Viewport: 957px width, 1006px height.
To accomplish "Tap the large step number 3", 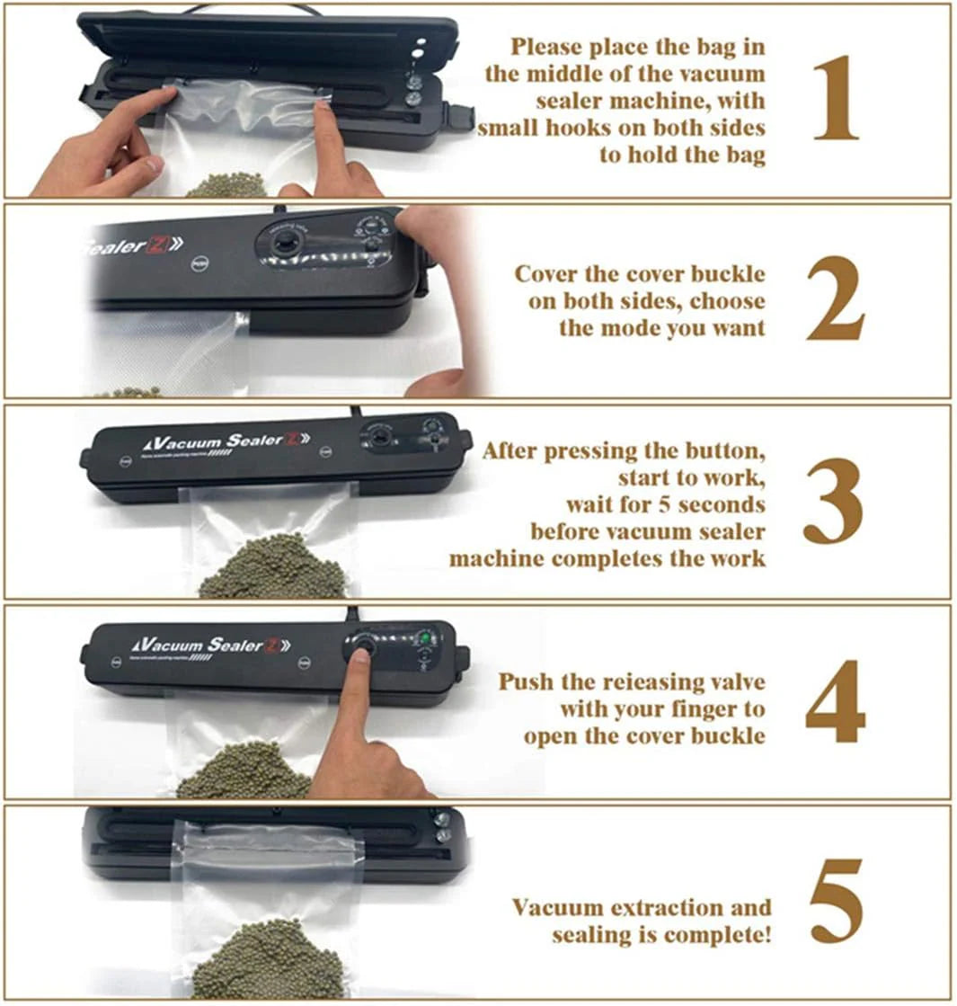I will coord(833,503).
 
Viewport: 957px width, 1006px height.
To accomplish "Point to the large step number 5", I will coord(836,902).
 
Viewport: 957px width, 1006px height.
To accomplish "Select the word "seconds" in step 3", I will coord(719,503).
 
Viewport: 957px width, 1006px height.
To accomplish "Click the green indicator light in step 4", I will coord(426,639).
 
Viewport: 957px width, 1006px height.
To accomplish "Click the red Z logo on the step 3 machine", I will coord(293,440).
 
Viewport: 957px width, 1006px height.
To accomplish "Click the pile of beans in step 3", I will coord(270,566).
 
